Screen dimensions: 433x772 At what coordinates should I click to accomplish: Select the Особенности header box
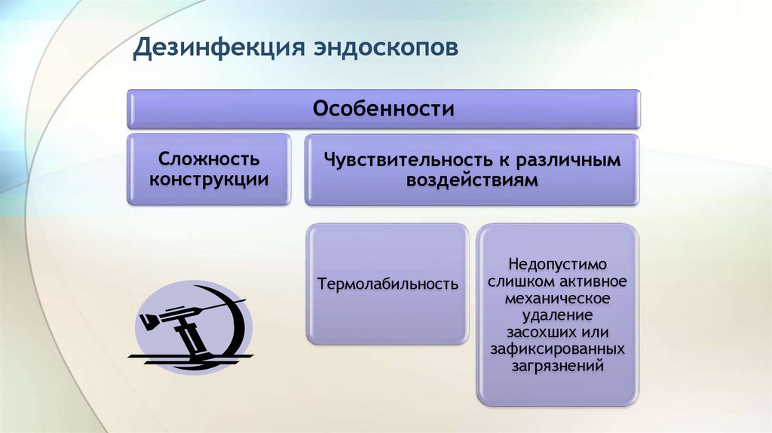coord(383,109)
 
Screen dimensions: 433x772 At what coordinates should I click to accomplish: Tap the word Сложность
coord(209,159)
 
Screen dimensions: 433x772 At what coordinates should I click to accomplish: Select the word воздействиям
coord(472,180)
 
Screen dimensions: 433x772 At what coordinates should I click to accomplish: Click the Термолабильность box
coord(388,284)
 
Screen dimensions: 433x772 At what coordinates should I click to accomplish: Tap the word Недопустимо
coord(557,265)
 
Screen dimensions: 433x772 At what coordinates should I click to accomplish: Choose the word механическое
coord(557,299)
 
